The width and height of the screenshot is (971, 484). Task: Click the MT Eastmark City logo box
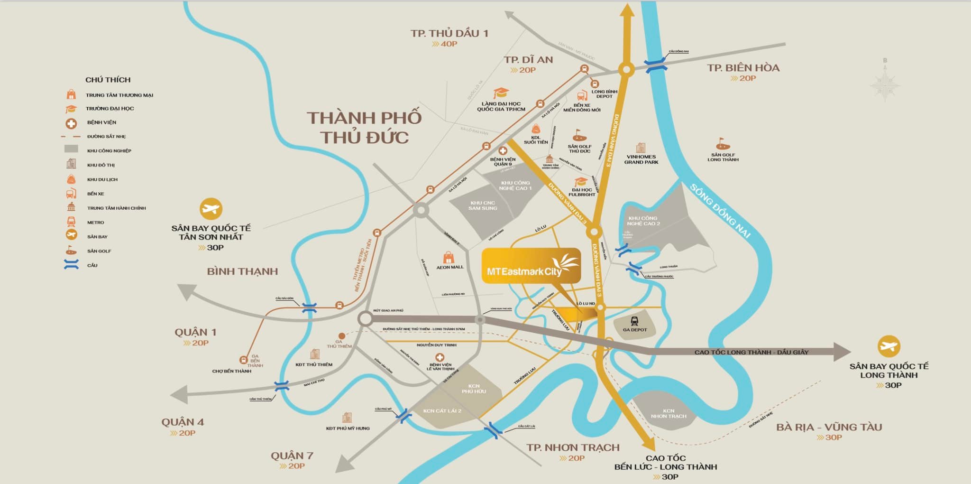coord(531,266)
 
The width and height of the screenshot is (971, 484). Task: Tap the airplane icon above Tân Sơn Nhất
coord(211,209)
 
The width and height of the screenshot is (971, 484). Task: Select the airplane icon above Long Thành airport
coord(889,346)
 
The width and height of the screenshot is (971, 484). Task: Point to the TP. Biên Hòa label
coord(743,68)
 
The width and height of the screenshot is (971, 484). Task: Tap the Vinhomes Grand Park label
coord(641,159)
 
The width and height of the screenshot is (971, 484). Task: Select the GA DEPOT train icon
coord(634,321)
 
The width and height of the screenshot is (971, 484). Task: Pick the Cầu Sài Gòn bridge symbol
coord(309,308)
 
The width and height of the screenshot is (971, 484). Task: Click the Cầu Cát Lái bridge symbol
coord(493,431)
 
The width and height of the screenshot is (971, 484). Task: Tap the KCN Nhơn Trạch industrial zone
coord(668,413)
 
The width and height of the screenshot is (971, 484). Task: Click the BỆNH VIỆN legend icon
coord(71,124)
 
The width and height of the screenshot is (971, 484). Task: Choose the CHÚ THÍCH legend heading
coord(108,80)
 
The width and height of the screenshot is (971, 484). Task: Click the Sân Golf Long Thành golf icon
coord(723,144)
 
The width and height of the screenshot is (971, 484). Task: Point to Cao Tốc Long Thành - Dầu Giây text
coord(751,352)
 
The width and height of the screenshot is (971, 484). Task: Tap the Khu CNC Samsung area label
coord(482,205)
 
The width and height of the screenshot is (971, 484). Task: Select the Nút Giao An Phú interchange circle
coord(365,318)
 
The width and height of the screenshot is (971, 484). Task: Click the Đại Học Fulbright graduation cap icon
coord(581,182)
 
